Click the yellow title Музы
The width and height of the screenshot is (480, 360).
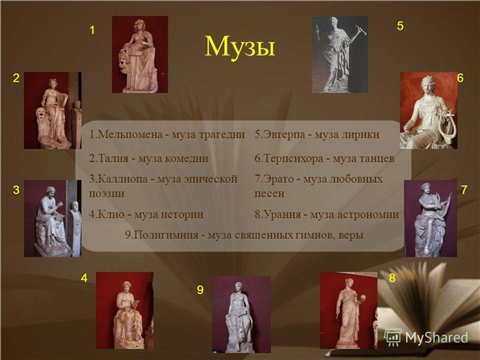tap(240, 47)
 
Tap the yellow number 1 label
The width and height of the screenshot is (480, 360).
tap(92, 30)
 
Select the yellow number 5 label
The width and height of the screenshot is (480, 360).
tap(400, 26)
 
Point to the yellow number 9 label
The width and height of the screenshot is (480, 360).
tap(200, 289)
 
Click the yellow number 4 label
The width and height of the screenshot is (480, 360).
tap(84, 278)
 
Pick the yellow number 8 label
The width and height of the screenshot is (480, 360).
tap(392, 277)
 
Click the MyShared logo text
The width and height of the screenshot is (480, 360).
tap(436, 338)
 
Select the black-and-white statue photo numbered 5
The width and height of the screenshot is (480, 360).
tap(340, 55)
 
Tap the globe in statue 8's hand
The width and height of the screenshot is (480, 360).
tap(363, 298)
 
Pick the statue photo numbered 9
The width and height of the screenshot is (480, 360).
tap(242, 315)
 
